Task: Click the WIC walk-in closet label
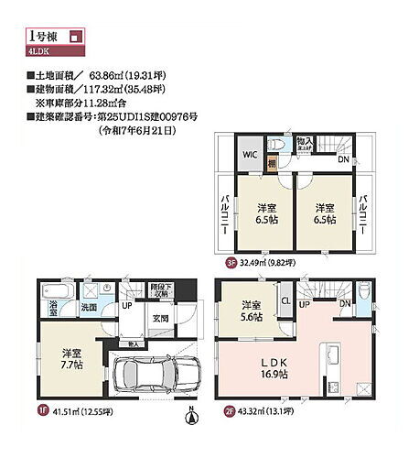click(249, 154)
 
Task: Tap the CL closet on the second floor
click(285, 300)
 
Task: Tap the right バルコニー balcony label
click(363, 214)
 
